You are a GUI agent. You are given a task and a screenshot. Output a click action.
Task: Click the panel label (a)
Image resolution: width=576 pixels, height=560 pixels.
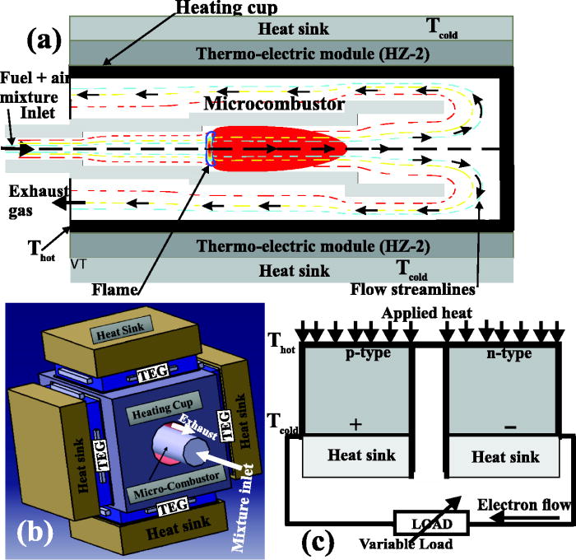pyautogui.click(x=40, y=40)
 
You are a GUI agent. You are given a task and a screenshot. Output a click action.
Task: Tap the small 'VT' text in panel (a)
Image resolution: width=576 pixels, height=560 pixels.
pyautogui.click(x=79, y=264)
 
